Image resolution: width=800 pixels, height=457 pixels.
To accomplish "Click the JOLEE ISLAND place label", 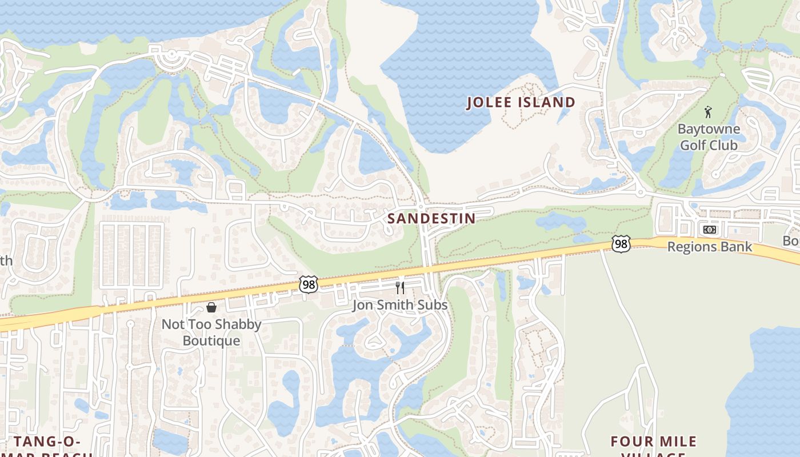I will tap(521, 103).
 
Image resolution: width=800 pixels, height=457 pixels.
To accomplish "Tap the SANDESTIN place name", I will tap(431, 218).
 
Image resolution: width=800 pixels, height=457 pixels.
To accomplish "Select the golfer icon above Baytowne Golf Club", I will tap(709, 112).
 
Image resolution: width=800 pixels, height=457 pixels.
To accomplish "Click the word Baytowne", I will tap(709, 129).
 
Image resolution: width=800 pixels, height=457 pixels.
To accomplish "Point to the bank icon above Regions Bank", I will tap(709, 230).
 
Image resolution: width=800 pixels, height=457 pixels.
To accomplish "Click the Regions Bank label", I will tap(710, 247).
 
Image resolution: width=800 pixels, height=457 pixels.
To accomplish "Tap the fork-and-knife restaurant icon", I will tap(400, 287).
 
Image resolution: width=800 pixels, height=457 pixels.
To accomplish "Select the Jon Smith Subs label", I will tap(399, 305).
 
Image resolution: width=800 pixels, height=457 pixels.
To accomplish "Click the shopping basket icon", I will tap(211, 308).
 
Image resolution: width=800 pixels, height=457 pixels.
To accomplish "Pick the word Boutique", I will tap(211, 341).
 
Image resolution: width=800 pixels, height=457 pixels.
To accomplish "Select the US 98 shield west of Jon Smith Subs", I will tap(308, 284).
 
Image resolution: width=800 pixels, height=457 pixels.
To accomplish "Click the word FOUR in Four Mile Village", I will tap(631, 442).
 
